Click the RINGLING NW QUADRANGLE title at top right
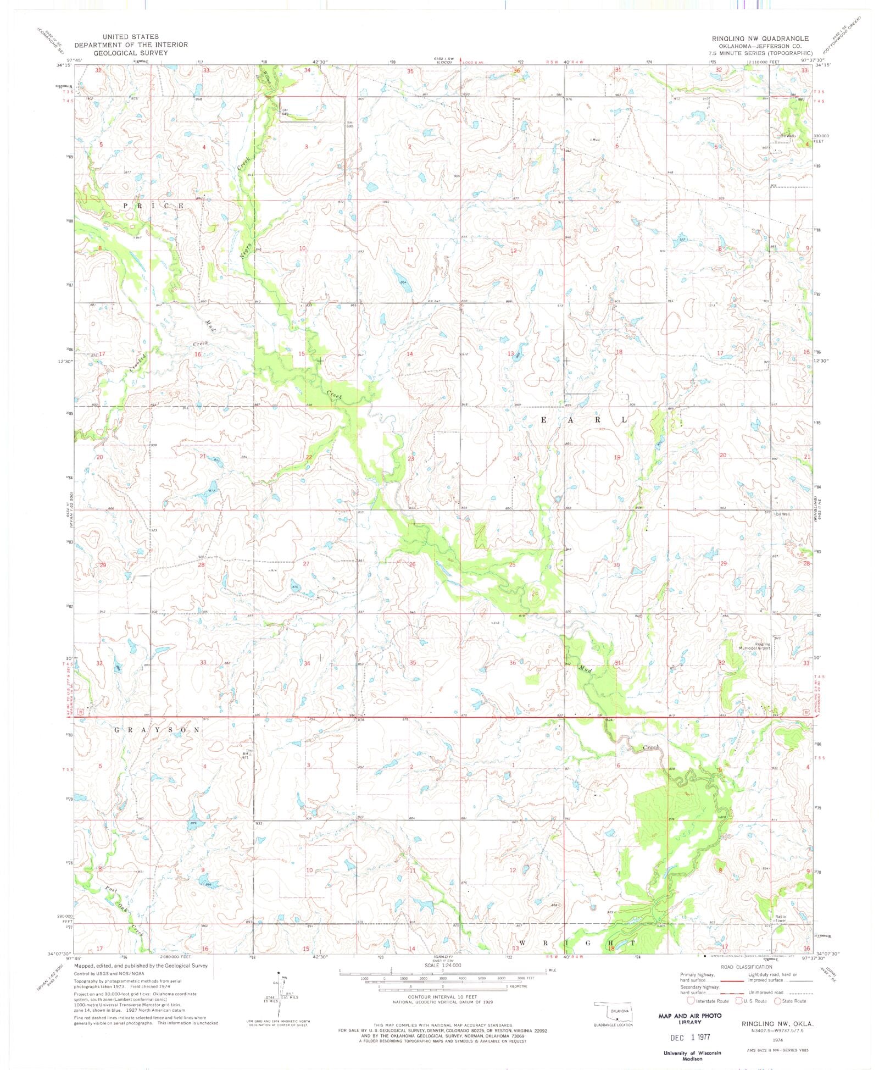[760, 38]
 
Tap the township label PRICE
[153, 206]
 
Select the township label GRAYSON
[157, 730]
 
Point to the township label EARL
[585, 420]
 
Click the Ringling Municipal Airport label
[763, 646]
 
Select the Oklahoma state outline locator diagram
[611, 1010]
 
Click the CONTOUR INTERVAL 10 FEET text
[442, 996]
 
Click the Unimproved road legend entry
[780, 993]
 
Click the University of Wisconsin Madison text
[689, 1055]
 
